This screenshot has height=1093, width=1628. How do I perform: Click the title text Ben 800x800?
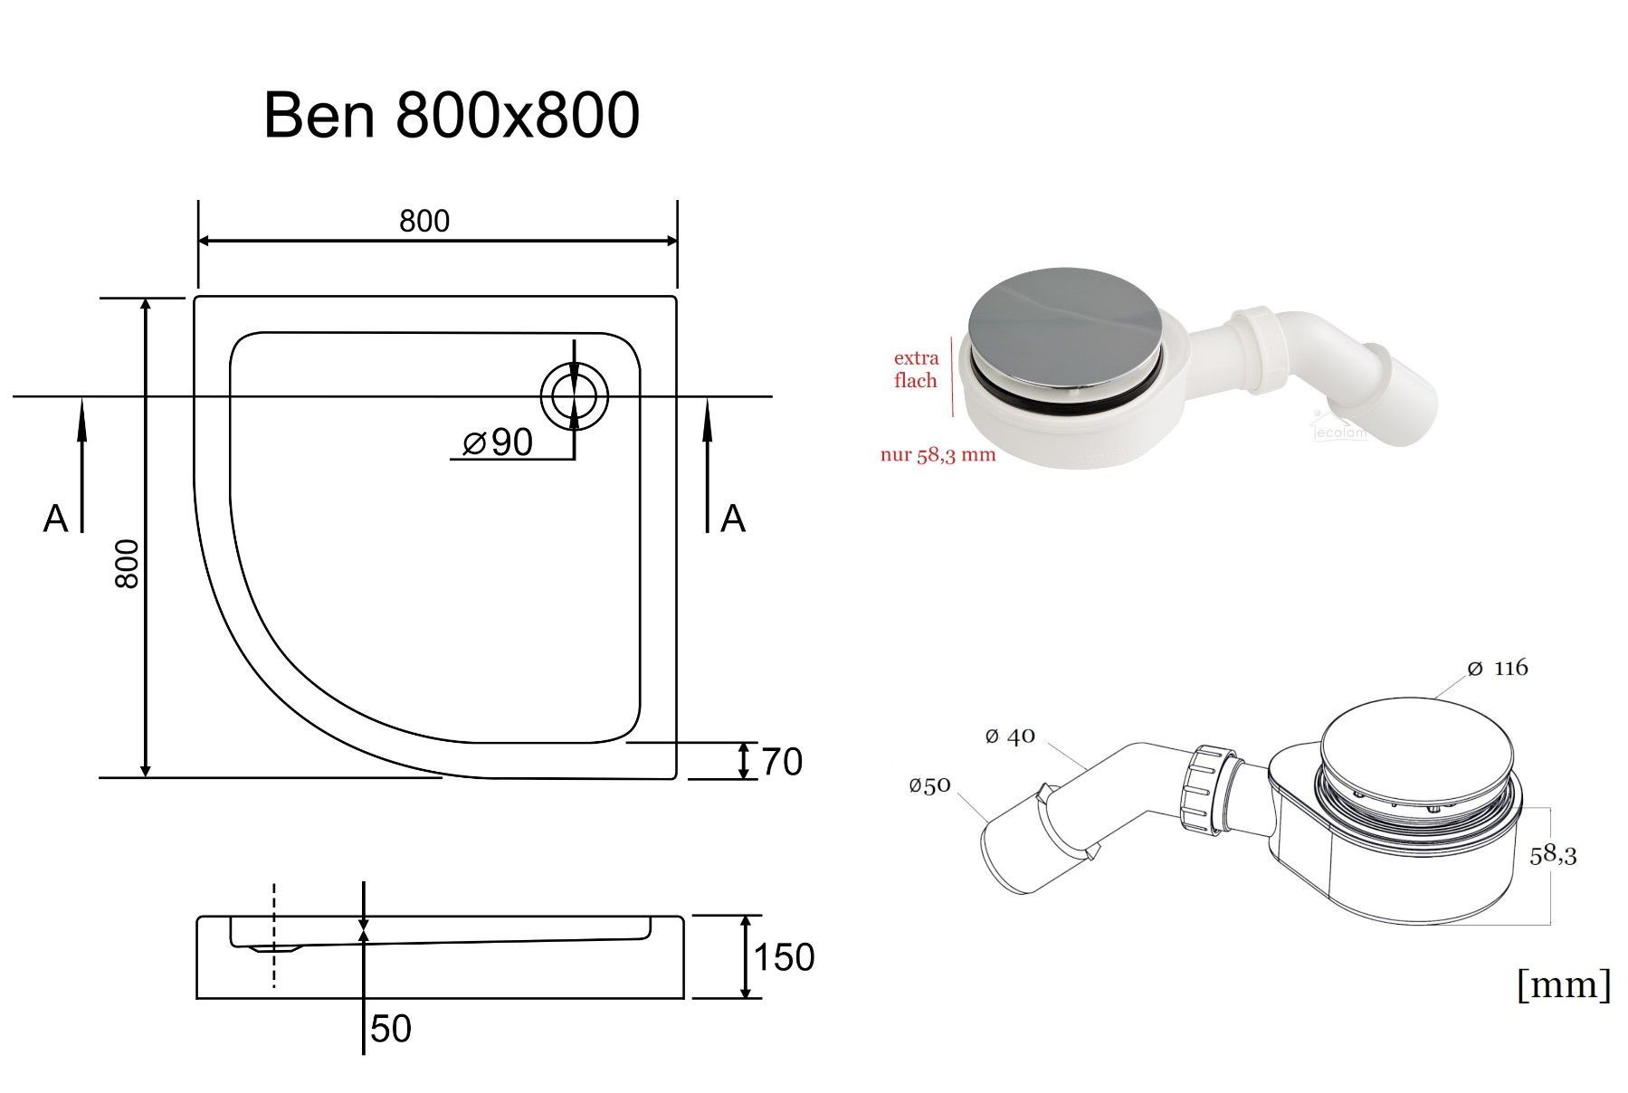(452, 115)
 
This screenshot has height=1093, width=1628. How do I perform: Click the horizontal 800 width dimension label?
(424, 221)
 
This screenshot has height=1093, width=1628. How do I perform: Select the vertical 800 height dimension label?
(128, 564)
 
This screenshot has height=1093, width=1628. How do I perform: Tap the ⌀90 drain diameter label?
(497, 442)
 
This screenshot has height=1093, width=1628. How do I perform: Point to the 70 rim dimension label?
(782, 762)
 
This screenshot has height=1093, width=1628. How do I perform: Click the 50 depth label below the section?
(391, 1029)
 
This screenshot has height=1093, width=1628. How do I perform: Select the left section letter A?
(55, 518)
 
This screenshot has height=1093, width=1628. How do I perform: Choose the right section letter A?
(732, 518)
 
